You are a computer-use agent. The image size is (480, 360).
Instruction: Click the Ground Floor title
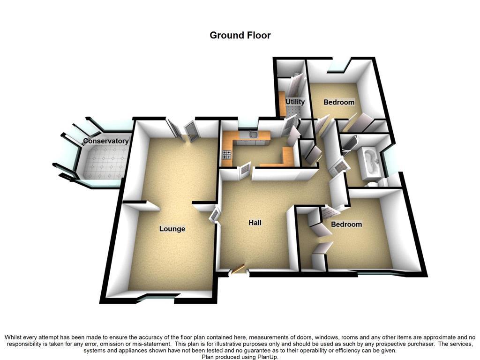click(x=240, y=35)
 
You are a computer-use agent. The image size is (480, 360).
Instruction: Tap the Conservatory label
click(x=105, y=141)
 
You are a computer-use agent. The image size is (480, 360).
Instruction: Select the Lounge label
click(x=172, y=229)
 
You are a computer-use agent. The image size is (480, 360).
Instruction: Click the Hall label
click(x=255, y=223)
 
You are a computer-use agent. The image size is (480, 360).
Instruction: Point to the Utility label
click(x=295, y=102)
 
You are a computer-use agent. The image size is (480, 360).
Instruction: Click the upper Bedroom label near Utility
click(x=339, y=102)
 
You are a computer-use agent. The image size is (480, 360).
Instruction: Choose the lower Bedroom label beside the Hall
click(x=346, y=225)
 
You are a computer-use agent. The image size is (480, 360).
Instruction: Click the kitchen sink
click(x=253, y=135)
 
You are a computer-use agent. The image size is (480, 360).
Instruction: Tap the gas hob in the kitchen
click(x=227, y=154)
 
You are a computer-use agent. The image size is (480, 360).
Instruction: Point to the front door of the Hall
click(x=238, y=270)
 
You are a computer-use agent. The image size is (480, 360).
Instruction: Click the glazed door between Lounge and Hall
click(x=214, y=215)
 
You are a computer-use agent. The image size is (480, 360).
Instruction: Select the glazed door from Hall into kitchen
click(x=245, y=171)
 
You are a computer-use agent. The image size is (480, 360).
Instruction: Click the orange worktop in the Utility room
click(x=282, y=104)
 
